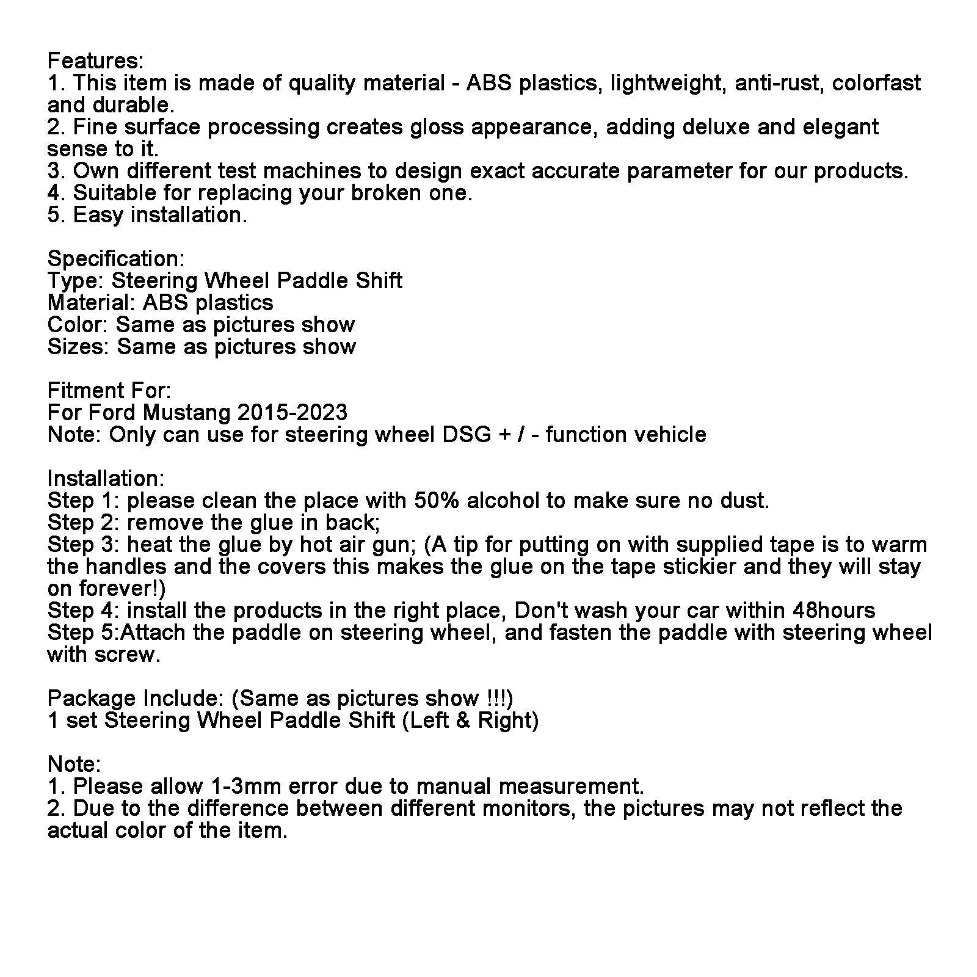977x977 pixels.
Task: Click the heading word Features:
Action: (95, 61)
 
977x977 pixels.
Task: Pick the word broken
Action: (388, 193)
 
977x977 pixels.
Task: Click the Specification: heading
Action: (116, 259)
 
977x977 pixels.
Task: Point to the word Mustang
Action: (187, 413)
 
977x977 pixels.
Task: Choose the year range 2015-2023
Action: (292, 413)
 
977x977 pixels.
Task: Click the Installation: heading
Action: (106, 479)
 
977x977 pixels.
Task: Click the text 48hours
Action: (834, 611)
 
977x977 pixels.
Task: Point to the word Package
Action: (92, 699)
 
